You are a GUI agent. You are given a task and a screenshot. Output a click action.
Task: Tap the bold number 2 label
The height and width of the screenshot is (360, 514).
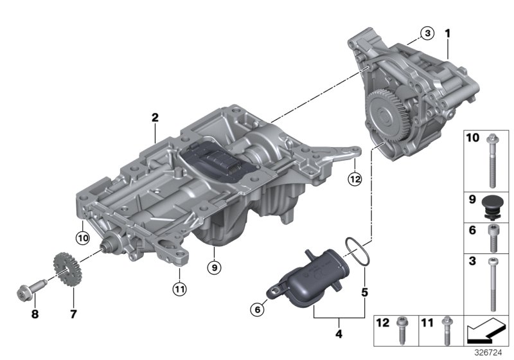pyautogui.click(x=155, y=118)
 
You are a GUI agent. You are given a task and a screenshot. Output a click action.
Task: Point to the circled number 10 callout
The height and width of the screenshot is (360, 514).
pyautogui.click(x=83, y=238)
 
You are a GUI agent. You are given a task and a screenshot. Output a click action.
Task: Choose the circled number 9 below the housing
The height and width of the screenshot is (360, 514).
pyautogui.click(x=213, y=265)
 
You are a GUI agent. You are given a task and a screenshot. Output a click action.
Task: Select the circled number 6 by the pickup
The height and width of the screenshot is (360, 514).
pyautogui.click(x=256, y=310)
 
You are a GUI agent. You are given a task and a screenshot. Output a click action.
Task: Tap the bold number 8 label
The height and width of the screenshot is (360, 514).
pyautogui.click(x=35, y=314)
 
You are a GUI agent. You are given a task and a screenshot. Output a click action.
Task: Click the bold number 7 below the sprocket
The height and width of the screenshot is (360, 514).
pyautogui.click(x=73, y=314)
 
